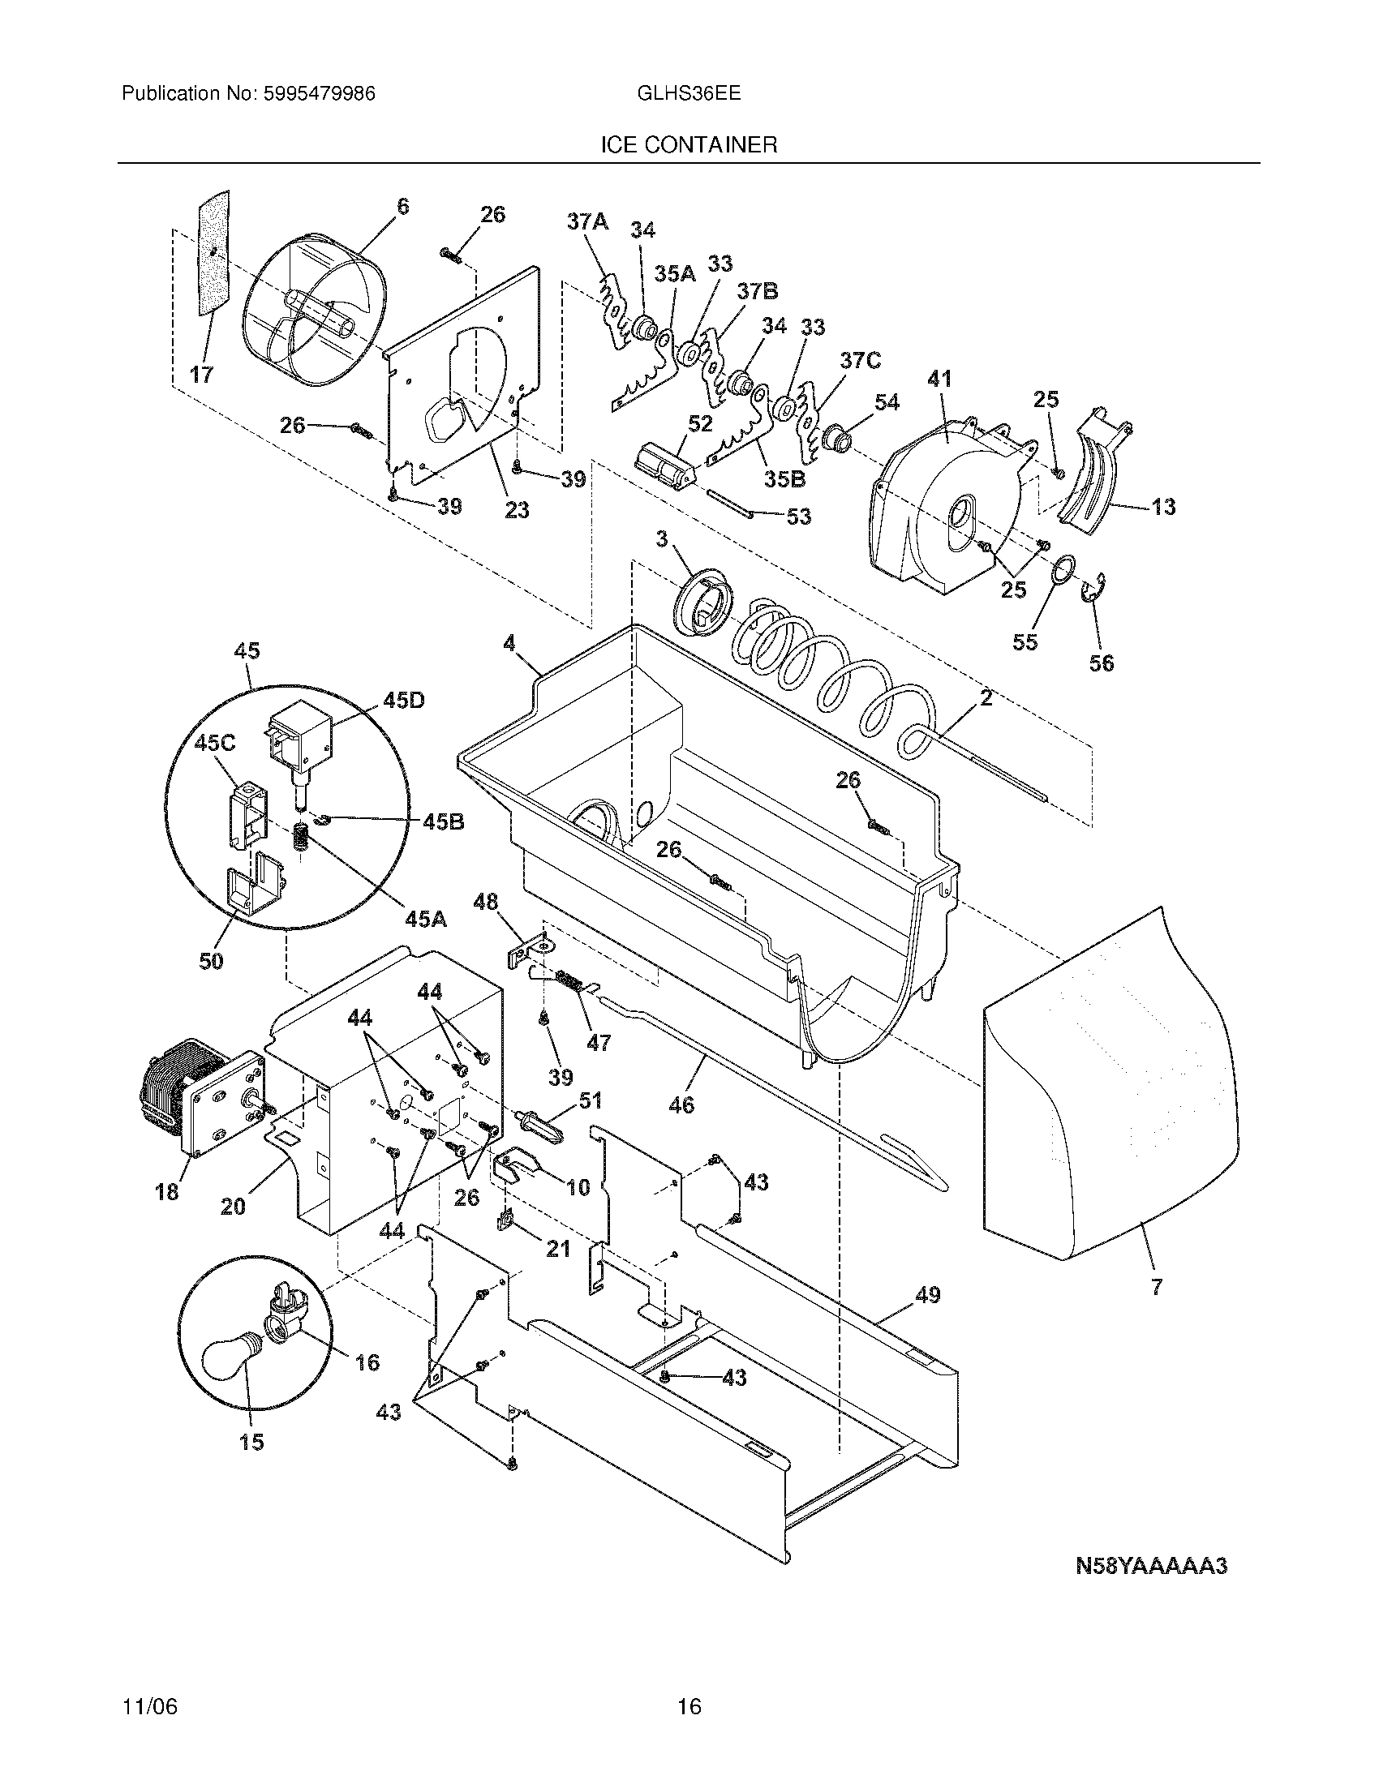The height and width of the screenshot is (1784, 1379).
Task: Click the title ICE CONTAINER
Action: click(x=689, y=145)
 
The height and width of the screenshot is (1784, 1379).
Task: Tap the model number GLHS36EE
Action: click(x=689, y=94)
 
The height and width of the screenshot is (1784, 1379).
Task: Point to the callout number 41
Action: click(x=939, y=379)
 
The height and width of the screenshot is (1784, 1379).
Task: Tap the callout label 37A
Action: click(x=588, y=221)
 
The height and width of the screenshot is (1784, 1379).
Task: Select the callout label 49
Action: click(x=927, y=1295)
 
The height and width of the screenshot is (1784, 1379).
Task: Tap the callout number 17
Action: click(x=202, y=374)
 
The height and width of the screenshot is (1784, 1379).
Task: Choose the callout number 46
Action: click(x=681, y=1104)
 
